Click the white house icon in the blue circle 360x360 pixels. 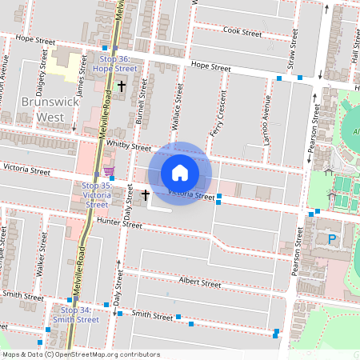click(180, 173)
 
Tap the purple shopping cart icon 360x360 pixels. click(109, 172)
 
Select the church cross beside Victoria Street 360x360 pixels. click(146, 194)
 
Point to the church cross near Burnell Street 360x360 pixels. click(122, 86)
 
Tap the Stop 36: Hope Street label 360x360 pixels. click(118, 64)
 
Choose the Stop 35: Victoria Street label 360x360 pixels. click(97, 194)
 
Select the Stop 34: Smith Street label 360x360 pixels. click(75, 314)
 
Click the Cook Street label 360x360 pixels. click(242, 34)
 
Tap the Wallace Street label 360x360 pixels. click(180, 104)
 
